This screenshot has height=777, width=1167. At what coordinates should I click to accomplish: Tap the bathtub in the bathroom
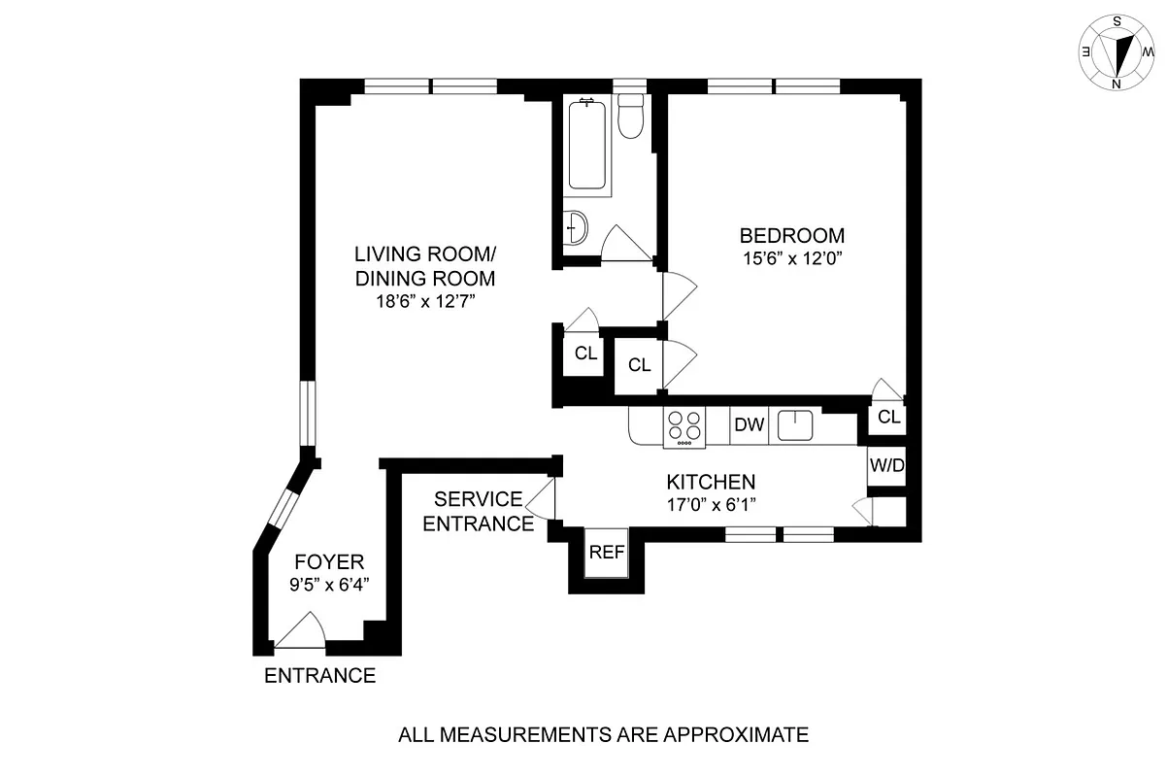click(x=588, y=146)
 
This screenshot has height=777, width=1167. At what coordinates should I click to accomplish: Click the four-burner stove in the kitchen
click(x=684, y=425)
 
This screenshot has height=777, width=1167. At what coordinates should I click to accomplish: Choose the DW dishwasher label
click(x=749, y=424)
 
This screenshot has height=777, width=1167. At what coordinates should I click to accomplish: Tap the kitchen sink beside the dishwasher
click(x=795, y=424)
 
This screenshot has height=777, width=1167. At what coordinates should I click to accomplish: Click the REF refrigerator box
click(x=607, y=552)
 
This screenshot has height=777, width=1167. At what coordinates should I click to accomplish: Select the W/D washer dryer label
click(x=886, y=465)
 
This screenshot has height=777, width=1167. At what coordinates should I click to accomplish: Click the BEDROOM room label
click(x=792, y=235)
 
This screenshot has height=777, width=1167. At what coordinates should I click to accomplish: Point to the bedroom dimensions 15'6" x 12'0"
click(x=792, y=259)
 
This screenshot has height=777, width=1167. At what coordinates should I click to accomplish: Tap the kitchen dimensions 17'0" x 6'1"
click(x=711, y=505)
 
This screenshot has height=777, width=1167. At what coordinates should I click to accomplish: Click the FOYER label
click(x=330, y=561)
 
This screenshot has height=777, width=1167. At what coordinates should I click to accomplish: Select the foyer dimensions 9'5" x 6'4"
click(x=330, y=585)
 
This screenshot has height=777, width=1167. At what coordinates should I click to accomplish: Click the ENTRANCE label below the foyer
click(x=320, y=676)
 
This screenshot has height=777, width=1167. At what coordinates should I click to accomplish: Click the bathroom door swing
click(x=625, y=244)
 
